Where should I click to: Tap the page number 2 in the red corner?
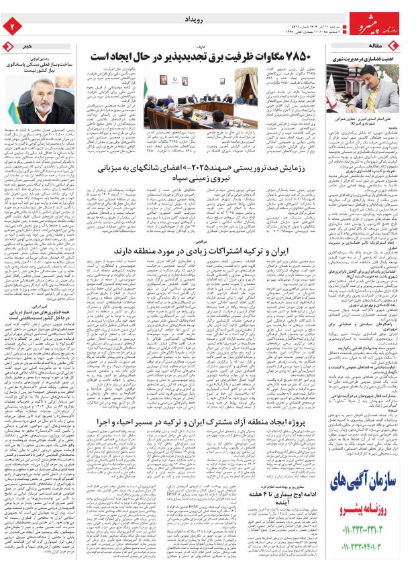click(x=11, y=25)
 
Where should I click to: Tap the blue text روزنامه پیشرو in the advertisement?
click(x=368, y=515)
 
